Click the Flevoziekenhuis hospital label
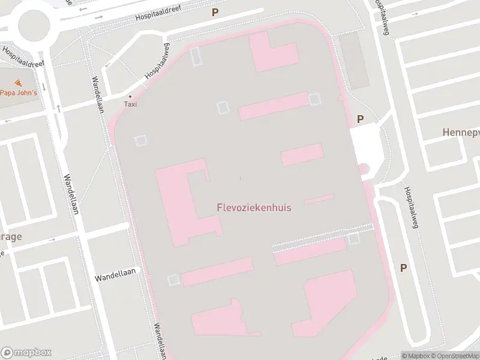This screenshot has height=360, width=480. pos(254,208)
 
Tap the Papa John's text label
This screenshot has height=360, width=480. pos(18,92)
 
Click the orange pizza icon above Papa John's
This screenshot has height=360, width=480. pos(18,82)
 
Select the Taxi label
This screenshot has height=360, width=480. pos(130,104)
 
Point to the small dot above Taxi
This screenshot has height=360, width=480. pos(130,96)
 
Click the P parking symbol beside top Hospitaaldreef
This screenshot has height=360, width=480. pos(215,12)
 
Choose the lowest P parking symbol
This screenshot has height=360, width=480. pos(403,268)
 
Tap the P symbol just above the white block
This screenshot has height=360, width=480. pos(360,119)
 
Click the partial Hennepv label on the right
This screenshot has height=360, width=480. pos(461,132)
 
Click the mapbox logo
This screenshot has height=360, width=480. pos(27,352)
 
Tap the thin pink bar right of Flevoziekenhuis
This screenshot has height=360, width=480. pos(319,199)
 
